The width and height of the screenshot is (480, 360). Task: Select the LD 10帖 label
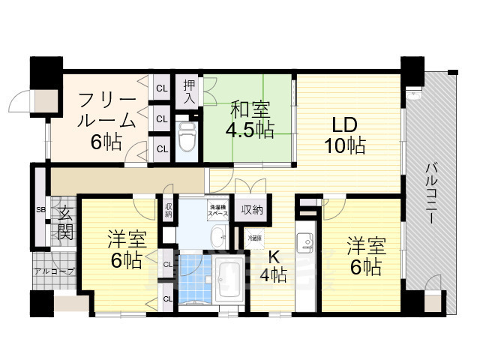click(345, 135)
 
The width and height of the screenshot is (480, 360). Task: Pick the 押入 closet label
click(188, 91)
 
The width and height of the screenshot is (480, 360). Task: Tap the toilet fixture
click(187, 136)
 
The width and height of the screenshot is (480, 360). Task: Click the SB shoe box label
click(40, 209)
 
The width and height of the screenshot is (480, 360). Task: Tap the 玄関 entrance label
click(64, 223)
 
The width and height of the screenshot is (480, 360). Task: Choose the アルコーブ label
click(53, 271)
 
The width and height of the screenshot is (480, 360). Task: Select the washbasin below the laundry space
click(217, 238)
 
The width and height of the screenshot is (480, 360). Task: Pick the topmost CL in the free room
click(161, 88)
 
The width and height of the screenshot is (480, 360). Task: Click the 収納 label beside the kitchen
click(252, 209)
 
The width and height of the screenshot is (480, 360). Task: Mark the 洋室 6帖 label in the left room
click(124, 250)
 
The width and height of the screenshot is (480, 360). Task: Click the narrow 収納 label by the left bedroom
click(168, 210)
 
